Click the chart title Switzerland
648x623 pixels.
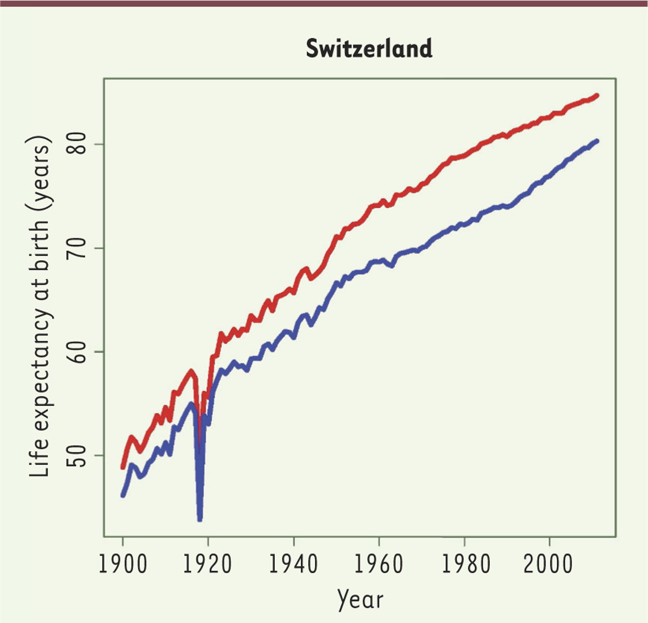369,49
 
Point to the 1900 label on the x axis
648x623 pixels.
123,564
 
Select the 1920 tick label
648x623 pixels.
208,564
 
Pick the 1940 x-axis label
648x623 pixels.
293,564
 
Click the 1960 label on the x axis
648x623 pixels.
379,564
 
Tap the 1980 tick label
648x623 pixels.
464,564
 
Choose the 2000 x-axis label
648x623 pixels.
549,564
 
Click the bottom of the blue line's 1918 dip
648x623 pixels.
200,519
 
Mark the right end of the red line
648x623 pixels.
597,96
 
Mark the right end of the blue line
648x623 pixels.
597,141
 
